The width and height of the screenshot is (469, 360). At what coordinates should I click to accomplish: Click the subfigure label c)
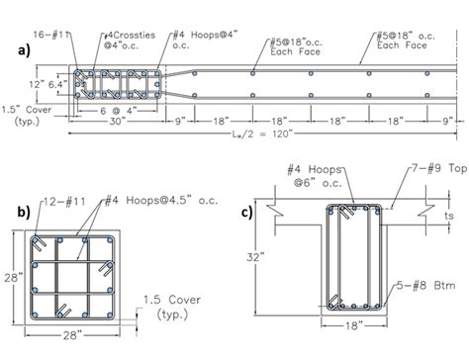tap(255, 211)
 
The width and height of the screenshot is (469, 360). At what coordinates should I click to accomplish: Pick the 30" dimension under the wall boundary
tap(116, 124)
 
